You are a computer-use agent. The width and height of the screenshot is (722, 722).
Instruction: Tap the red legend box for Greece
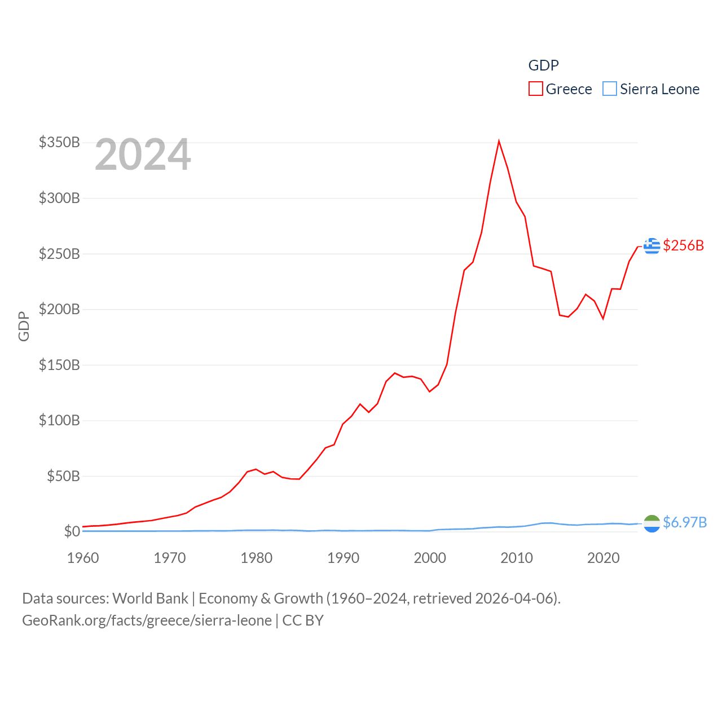point(535,89)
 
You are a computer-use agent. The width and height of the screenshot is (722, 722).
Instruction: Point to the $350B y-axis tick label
point(59,142)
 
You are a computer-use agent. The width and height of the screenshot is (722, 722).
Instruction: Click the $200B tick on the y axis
point(59,309)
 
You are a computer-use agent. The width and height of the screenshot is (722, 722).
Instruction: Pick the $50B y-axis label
point(63,476)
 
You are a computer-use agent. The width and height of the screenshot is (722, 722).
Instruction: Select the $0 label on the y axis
point(72,531)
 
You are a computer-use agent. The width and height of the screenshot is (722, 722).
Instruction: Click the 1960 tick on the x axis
point(83,558)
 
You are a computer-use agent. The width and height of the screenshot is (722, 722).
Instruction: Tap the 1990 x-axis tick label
point(343,558)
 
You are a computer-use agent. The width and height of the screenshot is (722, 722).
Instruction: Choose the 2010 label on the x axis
point(517,558)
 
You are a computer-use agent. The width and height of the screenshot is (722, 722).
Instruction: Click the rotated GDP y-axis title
point(24,326)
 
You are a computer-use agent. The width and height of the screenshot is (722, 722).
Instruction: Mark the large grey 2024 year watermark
point(143,155)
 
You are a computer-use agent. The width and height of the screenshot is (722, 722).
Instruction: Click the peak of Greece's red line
point(499,141)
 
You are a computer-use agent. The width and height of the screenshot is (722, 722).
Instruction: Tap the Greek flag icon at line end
point(651,246)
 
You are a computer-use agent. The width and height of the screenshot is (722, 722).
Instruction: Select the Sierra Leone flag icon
point(651,523)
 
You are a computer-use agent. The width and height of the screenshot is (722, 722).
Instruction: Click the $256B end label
point(684,245)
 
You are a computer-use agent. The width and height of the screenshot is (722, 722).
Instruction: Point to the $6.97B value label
point(685,522)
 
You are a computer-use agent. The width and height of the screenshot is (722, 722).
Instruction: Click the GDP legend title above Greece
point(543,65)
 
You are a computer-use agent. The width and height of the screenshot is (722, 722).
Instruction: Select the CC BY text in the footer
point(303,620)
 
